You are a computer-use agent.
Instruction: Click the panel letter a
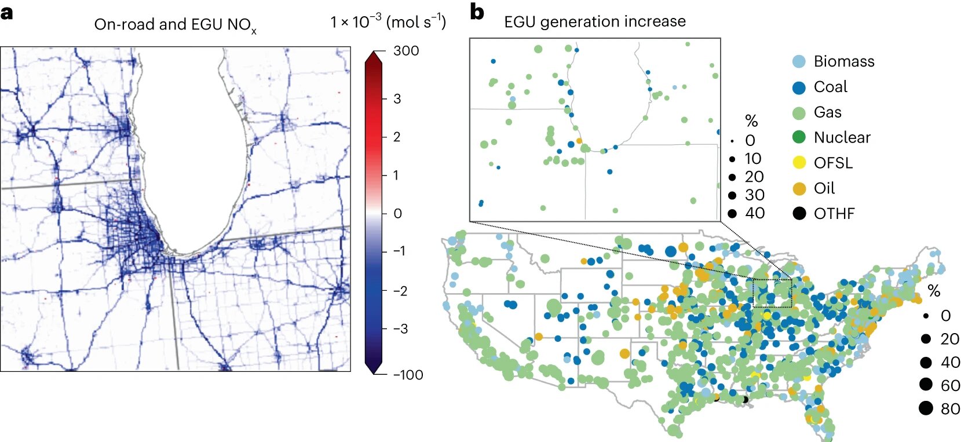7,13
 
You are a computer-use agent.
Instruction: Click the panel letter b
477,12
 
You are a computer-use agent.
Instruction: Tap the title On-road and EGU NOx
175,25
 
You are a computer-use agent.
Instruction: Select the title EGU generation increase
595,22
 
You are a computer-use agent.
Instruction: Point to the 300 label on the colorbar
405,51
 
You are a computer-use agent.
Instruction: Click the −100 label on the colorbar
408,375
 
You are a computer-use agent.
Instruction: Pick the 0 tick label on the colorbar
397,214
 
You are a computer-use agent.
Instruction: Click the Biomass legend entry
843,61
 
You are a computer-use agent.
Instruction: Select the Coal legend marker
799,87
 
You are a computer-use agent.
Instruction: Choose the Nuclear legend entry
842,138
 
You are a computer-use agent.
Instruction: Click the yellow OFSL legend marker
799,163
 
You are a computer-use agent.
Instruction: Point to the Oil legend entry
824,188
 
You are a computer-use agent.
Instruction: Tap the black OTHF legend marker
799,213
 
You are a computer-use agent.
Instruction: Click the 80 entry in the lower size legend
950,409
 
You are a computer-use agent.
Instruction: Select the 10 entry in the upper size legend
752,159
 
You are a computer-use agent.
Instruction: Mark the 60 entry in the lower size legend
950,385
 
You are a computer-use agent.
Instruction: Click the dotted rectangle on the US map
772,293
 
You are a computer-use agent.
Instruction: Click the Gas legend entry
827,112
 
